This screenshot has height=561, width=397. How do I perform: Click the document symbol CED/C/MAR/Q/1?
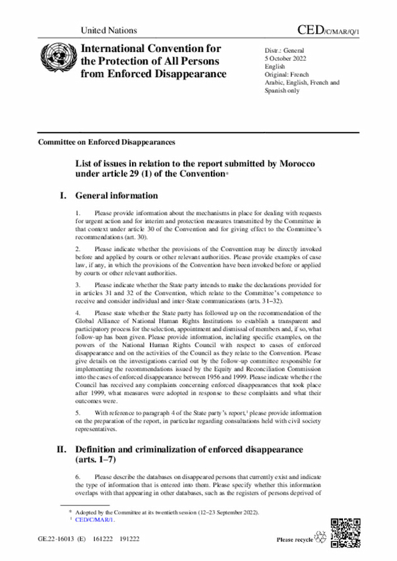(328, 30)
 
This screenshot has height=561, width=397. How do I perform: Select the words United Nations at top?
(109, 30)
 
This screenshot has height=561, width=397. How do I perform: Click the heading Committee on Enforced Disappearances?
(106, 142)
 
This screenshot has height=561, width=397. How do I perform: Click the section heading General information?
(117, 196)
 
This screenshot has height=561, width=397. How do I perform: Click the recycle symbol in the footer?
(321, 538)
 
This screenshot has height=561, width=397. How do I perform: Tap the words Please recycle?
(295, 540)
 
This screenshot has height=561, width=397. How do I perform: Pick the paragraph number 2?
(78, 249)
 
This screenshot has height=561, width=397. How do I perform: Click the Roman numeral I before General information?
(63, 196)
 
